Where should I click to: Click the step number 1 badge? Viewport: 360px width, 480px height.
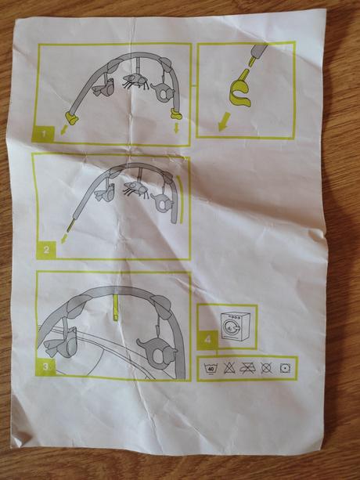pyautogui.click(x=43, y=134)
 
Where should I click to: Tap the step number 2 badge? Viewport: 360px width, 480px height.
pyautogui.click(x=46, y=250)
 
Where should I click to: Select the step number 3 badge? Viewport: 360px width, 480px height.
pyautogui.click(x=46, y=366)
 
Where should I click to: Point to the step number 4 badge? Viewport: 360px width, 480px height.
pyautogui.click(x=207, y=340)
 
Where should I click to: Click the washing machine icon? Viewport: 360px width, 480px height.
pyautogui.click(x=236, y=327)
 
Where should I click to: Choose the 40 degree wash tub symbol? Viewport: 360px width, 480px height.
pyautogui.click(x=211, y=368)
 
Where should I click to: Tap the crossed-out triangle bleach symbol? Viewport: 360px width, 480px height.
pyautogui.click(x=229, y=368)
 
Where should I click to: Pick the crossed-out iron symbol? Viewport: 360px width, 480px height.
pyautogui.click(x=248, y=368)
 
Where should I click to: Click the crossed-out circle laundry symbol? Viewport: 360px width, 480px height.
pyautogui.click(x=266, y=368)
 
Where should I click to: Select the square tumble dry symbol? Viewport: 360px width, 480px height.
pyautogui.click(x=285, y=368)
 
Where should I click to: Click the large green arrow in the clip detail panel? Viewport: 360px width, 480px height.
pyautogui.click(x=224, y=121)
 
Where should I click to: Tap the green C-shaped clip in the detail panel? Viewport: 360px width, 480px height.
pyautogui.click(x=239, y=93)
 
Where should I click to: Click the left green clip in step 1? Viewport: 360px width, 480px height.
pyautogui.click(x=71, y=118)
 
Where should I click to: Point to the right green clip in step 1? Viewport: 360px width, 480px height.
pyautogui.click(x=177, y=114)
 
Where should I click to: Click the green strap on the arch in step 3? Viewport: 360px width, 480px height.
pyautogui.click(x=115, y=307)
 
